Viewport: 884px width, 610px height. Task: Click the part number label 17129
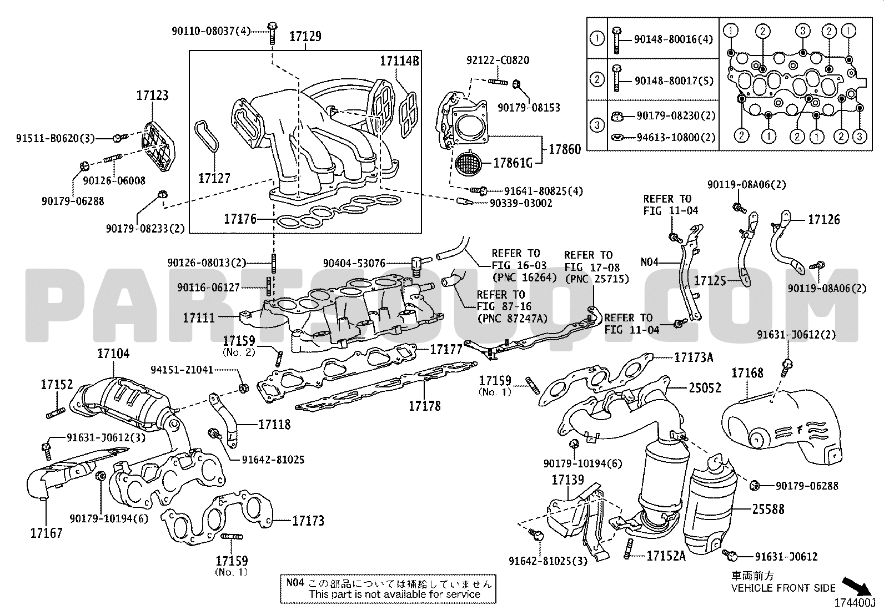[305, 36]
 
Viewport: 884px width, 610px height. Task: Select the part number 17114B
[399, 61]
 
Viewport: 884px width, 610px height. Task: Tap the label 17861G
[513, 163]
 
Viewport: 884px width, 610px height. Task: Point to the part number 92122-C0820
[498, 60]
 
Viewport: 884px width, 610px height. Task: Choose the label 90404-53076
[354, 263]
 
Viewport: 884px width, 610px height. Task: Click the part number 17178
[425, 406]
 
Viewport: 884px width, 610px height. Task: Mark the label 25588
[768, 509]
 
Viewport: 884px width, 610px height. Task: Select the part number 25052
[705, 388]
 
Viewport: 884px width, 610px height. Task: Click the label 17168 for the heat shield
[747, 373]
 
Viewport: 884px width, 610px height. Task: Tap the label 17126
[824, 220]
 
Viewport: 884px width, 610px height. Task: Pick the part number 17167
[47, 533]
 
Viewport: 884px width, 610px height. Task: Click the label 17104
[113, 353]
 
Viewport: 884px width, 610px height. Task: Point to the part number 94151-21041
[182, 370]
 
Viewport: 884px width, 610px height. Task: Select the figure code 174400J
[855, 603]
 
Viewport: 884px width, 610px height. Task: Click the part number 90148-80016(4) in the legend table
[674, 39]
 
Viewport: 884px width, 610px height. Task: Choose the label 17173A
[694, 357]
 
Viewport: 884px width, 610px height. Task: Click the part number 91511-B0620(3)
[56, 139]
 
